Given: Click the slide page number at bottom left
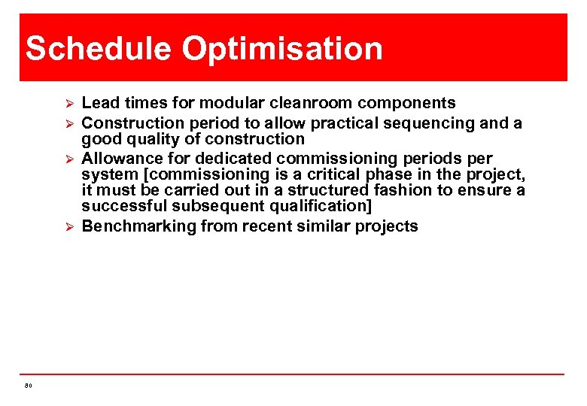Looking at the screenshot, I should point(28,386).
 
